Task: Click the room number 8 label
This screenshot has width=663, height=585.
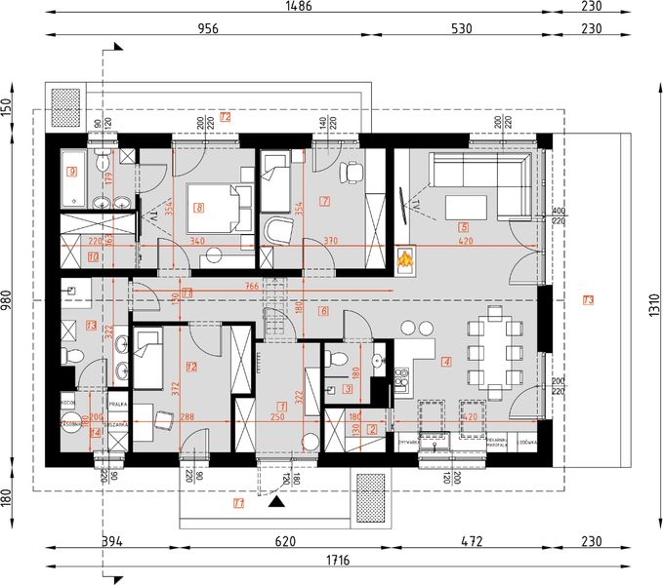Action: click(x=199, y=207)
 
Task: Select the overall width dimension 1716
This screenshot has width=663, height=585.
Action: click(x=340, y=561)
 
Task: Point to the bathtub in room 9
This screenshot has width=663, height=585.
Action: click(x=72, y=180)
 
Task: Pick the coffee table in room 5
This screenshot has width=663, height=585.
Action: click(x=466, y=208)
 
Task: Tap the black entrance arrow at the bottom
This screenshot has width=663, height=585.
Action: click(x=277, y=503)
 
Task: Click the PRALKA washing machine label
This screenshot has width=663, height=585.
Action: click(x=117, y=402)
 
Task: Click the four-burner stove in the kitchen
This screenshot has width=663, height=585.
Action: click(x=400, y=374)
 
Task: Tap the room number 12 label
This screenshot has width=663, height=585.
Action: click(x=191, y=367)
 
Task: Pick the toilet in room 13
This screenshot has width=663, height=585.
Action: click(x=66, y=357)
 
